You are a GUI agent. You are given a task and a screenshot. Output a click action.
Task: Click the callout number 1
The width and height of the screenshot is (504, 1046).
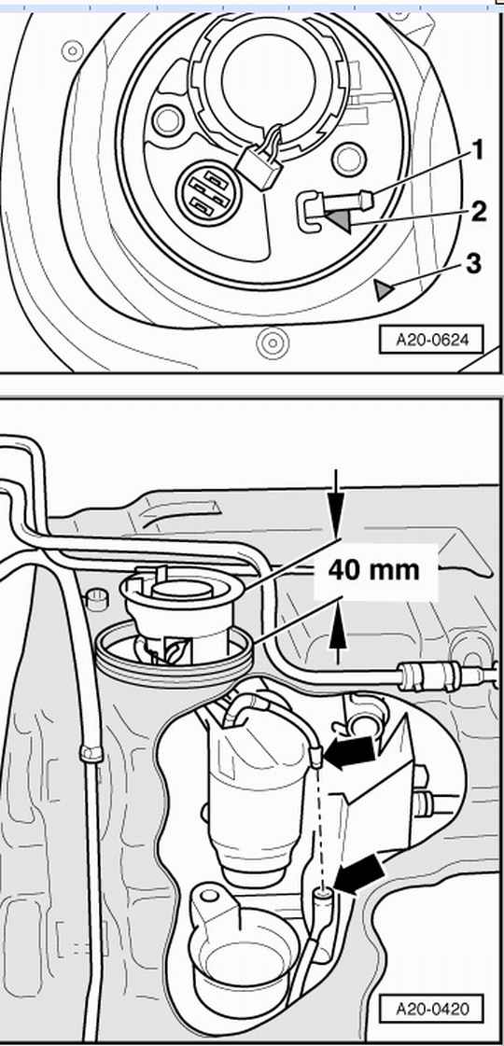click(477, 151)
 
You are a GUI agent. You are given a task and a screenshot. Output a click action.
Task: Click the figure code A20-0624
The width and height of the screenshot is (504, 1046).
click(429, 340)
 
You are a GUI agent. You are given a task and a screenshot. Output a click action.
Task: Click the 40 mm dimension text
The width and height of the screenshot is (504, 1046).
click(374, 570)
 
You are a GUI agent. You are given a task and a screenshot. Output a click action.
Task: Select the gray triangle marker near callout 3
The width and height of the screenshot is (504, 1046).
click(384, 290)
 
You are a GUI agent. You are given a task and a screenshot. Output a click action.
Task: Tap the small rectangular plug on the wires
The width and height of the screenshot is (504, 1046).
click(259, 164)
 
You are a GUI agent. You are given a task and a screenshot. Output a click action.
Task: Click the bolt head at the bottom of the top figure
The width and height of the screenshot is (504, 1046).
click(272, 343)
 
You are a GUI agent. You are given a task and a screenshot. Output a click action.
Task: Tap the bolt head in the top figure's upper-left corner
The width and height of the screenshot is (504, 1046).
click(72, 50)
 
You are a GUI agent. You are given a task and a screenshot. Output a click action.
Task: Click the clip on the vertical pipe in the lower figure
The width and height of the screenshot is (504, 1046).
click(91, 752)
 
